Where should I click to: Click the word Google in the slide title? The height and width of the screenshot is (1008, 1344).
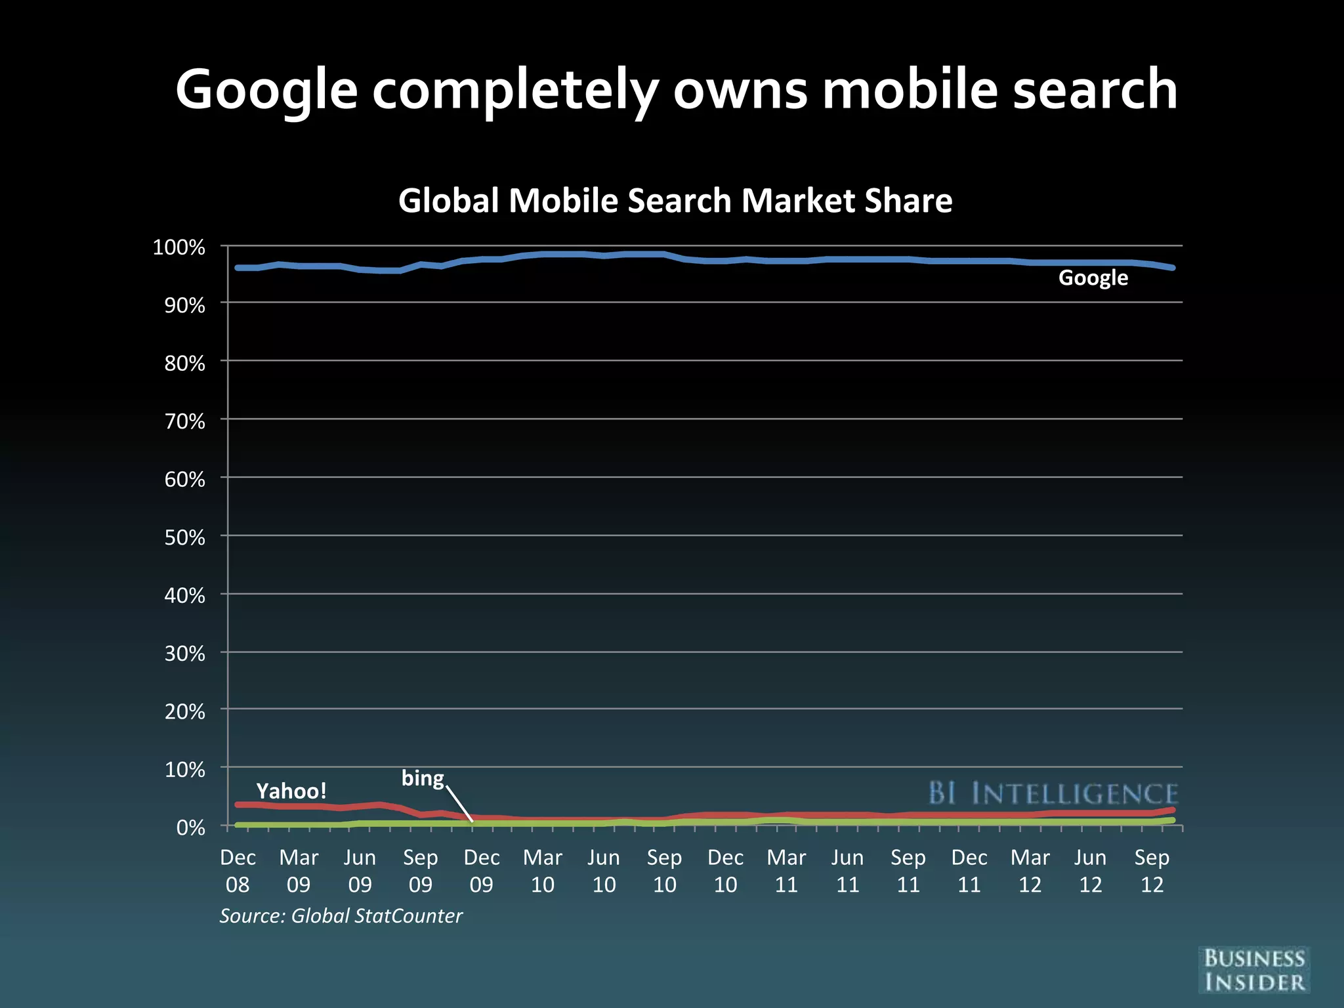point(266,91)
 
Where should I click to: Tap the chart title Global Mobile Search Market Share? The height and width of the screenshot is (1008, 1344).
point(675,200)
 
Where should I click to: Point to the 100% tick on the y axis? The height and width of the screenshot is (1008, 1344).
point(179,247)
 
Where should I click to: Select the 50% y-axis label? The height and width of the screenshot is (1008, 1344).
point(184,537)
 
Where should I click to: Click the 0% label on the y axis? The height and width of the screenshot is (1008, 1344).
point(190,828)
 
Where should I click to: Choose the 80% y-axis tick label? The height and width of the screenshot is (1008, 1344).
point(184,363)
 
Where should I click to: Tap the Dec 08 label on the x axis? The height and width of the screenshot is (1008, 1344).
point(238,871)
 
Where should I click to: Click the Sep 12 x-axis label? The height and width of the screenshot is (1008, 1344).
point(1152,871)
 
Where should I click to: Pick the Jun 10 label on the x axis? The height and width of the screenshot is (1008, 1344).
point(604,871)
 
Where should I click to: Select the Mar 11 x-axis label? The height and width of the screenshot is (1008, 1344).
point(786,871)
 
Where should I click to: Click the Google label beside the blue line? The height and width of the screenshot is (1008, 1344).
point(1093,278)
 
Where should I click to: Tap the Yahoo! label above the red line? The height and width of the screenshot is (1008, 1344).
point(291,791)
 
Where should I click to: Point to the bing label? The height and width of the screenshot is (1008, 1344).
point(423,778)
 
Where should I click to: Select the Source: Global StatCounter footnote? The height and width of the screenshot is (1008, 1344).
point(341,915)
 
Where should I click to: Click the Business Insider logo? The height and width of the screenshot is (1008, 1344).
point(1254,970)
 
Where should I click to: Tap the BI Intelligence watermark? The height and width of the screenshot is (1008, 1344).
point(1053,793)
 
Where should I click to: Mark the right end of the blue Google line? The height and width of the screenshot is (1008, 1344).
point(1172,268)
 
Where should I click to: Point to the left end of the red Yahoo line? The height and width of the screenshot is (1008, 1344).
point(238,805)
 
